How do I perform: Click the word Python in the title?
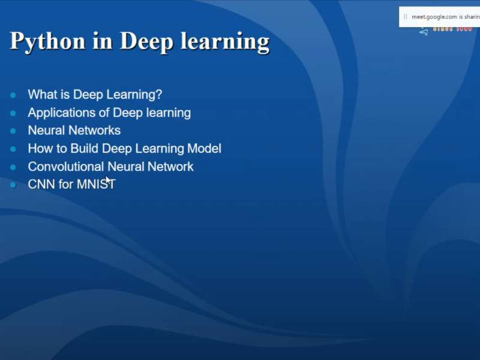tap(47, 41)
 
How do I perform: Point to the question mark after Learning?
tap(159, 94)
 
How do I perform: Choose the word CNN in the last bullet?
tap(41, 184)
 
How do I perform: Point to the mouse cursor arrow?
tap(109, 180)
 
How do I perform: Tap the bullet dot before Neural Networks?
tap(13, 131)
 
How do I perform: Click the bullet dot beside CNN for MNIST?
tap(13, 185)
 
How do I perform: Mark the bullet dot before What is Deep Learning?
tap(13, 95)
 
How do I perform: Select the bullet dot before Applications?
tap(13, 113)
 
